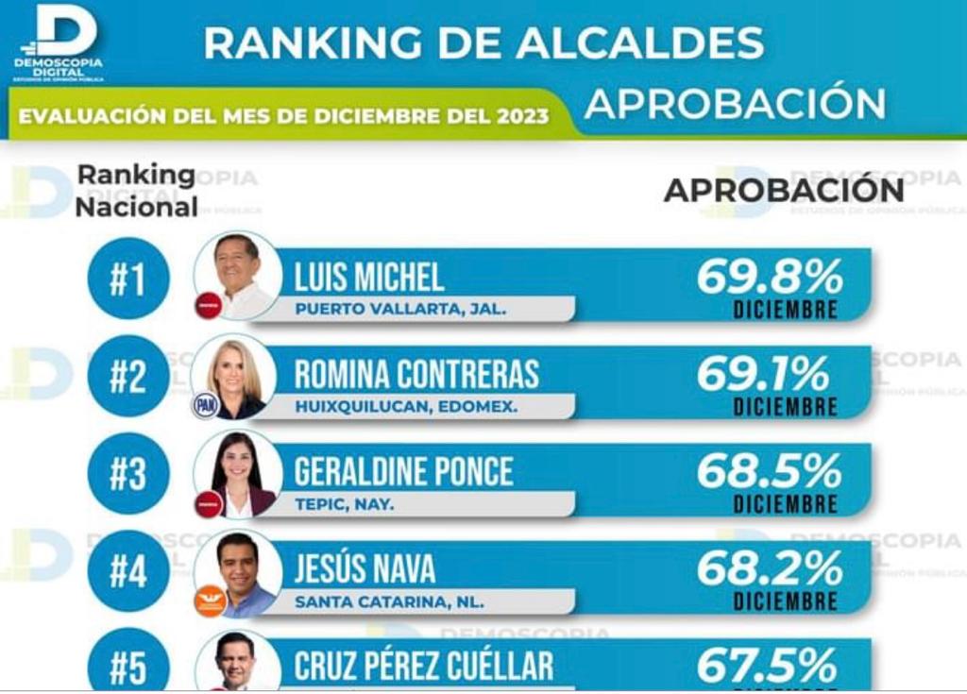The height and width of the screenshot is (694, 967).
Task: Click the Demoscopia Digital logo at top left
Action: (59, 42)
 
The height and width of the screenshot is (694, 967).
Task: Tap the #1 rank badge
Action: (128, 279)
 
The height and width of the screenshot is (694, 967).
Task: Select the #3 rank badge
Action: (128, 474)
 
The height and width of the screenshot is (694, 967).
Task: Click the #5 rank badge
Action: (128, 667)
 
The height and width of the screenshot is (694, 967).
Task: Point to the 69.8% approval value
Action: (770, 277)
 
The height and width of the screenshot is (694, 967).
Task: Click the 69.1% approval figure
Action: (763, 375)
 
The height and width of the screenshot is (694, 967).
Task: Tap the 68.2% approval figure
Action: (770, 568)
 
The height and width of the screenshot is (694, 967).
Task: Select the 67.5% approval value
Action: (767, 665)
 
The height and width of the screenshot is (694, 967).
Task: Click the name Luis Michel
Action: (369, 277)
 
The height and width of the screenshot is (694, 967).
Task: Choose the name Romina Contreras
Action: (416, 374)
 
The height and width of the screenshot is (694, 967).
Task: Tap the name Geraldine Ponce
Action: (404, 471)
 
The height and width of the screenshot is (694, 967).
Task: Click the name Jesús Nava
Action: (365, 568)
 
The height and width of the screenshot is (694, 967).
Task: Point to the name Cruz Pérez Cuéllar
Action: (424, 667)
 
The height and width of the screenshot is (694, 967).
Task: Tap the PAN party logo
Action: (205, 406)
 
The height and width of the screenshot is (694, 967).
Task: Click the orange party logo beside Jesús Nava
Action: (210, 601)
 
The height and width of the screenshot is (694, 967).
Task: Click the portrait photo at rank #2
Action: (234, 376)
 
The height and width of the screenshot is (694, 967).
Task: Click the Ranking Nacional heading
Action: (136, 191)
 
